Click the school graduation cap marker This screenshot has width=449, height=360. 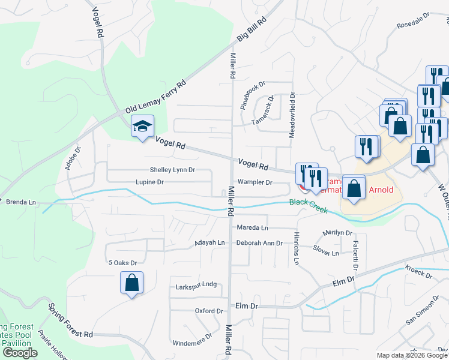click(x=143, y=126)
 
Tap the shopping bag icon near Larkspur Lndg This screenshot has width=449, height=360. click(x=131, y=283)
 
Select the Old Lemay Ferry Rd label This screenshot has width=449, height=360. click(x=156, y=97)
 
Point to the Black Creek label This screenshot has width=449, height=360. click(x=309, y=206)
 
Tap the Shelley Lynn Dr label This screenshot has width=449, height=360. click(x=172, y=170)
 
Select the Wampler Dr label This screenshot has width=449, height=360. click(x=255, y=182)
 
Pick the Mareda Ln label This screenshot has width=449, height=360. click(x=252, y=228)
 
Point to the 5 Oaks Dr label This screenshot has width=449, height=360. click(x=122, y=263)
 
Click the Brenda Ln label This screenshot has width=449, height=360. click(x=21, y=203)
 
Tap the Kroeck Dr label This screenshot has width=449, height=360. click(x=418, y=271)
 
